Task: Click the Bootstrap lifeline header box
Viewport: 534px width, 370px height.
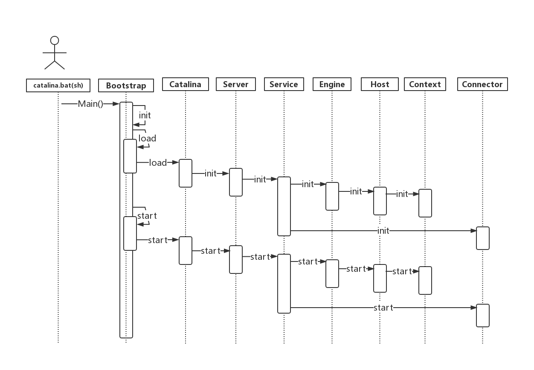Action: tap(126, 85)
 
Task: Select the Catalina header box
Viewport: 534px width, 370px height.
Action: tap(185, 84)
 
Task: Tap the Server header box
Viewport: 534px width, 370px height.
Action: tap(235, 84)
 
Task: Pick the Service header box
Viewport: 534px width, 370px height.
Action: tap(284, 84)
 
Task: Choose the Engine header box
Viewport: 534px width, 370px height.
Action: tap(332, 84)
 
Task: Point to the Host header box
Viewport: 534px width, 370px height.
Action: tap(380, 84)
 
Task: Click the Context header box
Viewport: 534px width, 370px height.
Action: tap(425, 84)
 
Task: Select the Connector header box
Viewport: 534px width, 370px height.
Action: tap(482, 84)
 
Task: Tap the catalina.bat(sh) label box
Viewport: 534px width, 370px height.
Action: tap(58, 85)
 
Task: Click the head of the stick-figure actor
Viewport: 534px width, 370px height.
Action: tap(55, 41)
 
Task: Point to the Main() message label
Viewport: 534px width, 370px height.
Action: tap(90, 104)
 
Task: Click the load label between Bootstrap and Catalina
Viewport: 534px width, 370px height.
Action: tap(158, 163)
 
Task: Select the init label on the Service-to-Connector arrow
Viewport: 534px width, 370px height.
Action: tap(383, 231)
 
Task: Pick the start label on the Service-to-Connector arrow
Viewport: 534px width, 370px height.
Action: tap(383, 308)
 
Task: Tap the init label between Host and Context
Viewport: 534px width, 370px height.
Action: tap(402, 194)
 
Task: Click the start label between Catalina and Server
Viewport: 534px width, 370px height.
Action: tap(211, 251)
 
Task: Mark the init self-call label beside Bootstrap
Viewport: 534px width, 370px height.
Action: tap(145, 115)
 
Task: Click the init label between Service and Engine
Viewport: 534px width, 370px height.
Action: tap(308, 184)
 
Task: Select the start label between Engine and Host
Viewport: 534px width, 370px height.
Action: tap(356, 269)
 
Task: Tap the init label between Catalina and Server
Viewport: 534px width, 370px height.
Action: tap(211, 173)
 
